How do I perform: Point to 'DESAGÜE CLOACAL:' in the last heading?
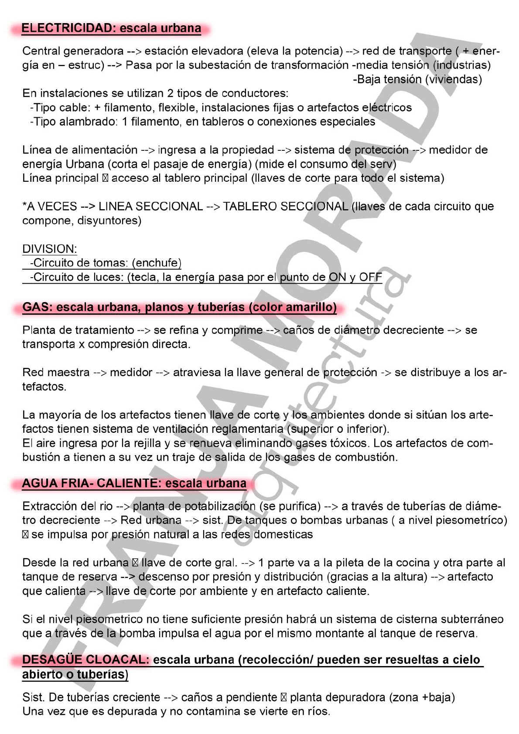pyautogui.click(x=85, y=660)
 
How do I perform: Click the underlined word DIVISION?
pyautogui.click(x=50, y=249)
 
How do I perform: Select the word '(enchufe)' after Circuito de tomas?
pyautogui.click(x=156, y=263)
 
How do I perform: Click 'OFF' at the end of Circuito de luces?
pyautogui.click(x=371, y=277)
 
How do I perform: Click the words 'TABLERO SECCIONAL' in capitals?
pyautogui.click(x=285, y=206)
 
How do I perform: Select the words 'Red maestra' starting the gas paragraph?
pyautogui.click(x=56, y=373)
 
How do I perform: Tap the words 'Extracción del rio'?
pyautogui.click(x=67, y=506)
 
